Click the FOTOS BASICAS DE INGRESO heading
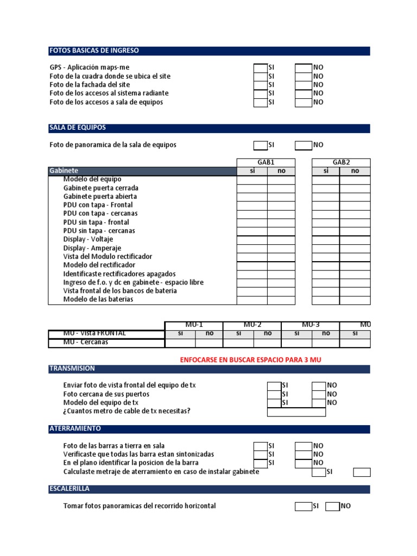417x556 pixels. pos(94,50)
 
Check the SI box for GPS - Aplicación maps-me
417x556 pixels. pos(261,68)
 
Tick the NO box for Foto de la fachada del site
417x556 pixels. pos(303,85)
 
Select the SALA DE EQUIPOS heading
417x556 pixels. pos(78,128)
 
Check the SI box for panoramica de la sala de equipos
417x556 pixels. pos(261,145)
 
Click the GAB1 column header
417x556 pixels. pos(266,162)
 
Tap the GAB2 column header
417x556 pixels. pos(341,162)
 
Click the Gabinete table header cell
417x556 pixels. pos(64,171)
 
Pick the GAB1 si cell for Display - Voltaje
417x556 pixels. pos(252,239)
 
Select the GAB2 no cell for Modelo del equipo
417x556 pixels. pos(355,180)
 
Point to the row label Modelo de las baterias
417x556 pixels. pos(98,300)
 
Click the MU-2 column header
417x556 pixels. pos(252,325)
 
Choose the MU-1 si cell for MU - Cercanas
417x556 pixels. pos(180,343)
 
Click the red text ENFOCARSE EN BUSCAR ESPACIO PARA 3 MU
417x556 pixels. pos(255,360)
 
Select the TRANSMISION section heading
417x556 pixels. pos(72,369)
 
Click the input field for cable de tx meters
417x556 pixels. pos(296,412)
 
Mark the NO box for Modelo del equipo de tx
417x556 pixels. pos(319,403)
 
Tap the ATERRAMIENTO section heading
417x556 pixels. pos(75,429)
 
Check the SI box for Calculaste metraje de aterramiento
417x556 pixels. pos(319,472)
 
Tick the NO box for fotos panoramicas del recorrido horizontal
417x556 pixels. pos(332,506)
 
